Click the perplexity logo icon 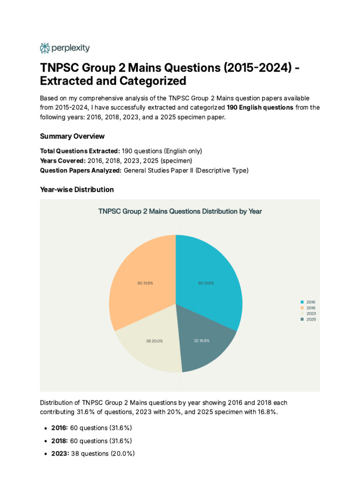click(x=45, y=48)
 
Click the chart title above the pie click(x=180, y=211)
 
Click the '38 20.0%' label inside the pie click(x=155, y=341)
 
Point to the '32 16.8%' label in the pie click(x=202, y=341)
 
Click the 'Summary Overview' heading click(x=72, y=136)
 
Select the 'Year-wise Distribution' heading click(x=77, y=189)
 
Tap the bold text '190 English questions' click(x=260, y=107)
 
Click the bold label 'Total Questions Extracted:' click(x=80, y=151)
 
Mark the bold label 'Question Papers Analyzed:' click(x=81, y=171)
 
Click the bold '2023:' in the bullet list click(x=60, y=453)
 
